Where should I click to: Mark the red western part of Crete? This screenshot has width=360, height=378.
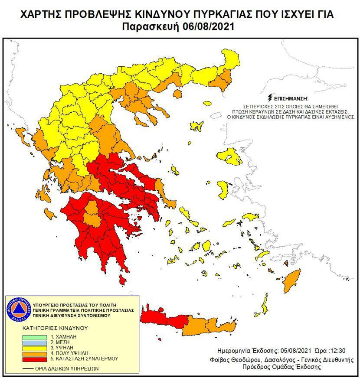[x=163, y=317]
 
